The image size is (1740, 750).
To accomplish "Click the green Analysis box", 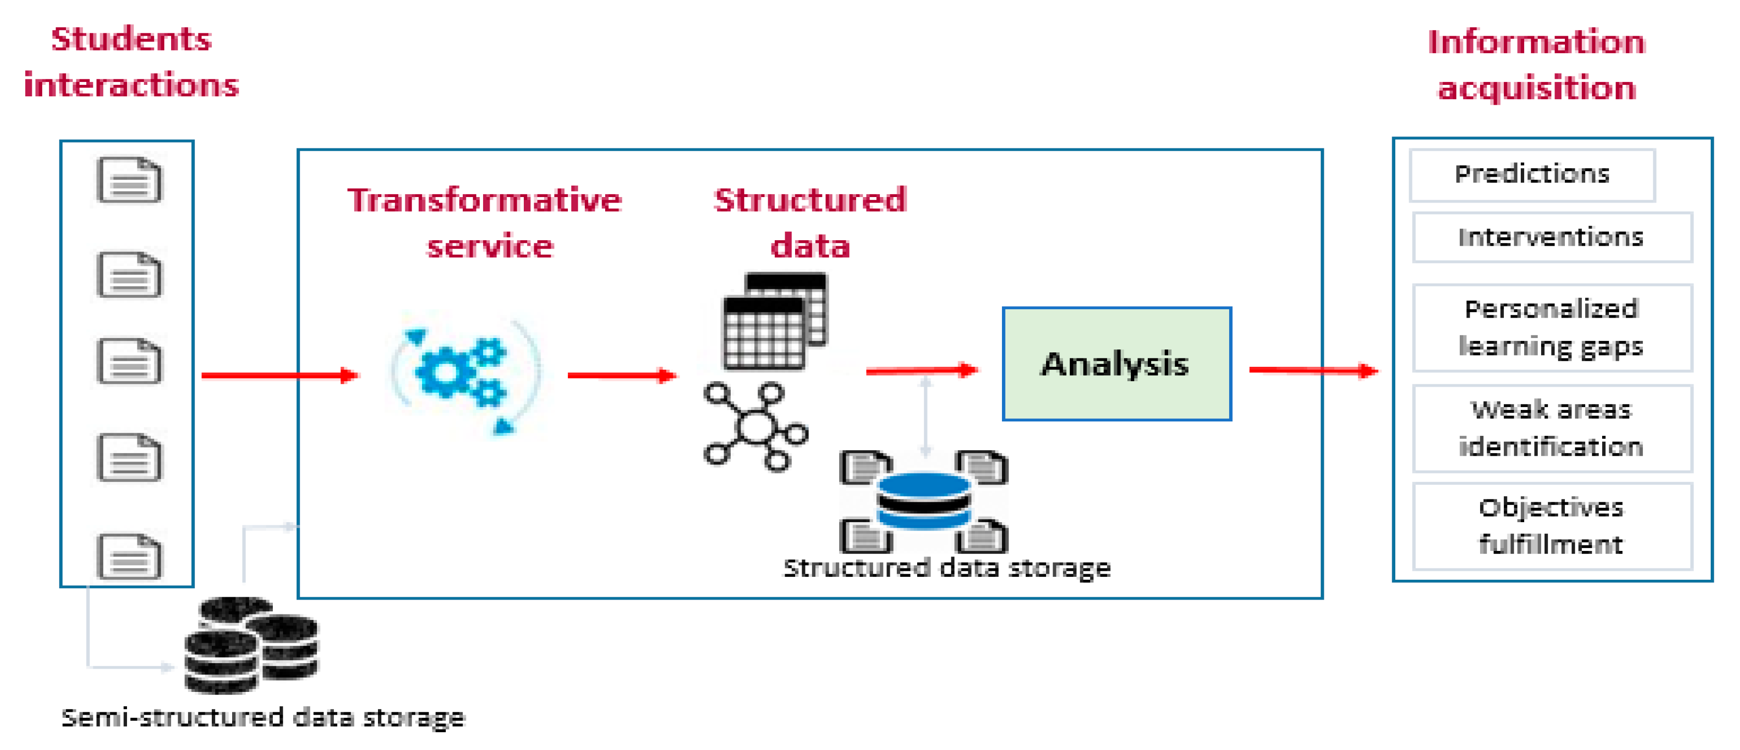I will (x=1117, y=364).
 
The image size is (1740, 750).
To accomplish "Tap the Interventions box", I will (x=1552, y=237).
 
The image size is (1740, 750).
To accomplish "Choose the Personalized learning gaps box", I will (x=1552, y=328).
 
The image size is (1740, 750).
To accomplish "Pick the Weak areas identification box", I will (x=1552, y=428).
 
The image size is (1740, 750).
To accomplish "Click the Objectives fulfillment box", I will (x=1552, y=526).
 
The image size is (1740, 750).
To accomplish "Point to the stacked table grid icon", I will (x=775, y=321).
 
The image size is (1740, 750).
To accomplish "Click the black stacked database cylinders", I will (x=251, y=645).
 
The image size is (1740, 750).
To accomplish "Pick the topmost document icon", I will (x=129, y=180).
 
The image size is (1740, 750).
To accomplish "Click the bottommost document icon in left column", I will (x=129, y=557).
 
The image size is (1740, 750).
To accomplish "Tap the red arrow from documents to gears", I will (x=280, y=375).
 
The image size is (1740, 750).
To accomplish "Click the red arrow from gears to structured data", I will (x=621, y=375).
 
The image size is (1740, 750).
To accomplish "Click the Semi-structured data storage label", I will (x=263, y=718).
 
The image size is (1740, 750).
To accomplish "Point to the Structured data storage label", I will (x=946, y=568).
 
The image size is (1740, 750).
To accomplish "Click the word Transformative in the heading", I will (x=484, y=201).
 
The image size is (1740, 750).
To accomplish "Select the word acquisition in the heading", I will (x=1536, y=88).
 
